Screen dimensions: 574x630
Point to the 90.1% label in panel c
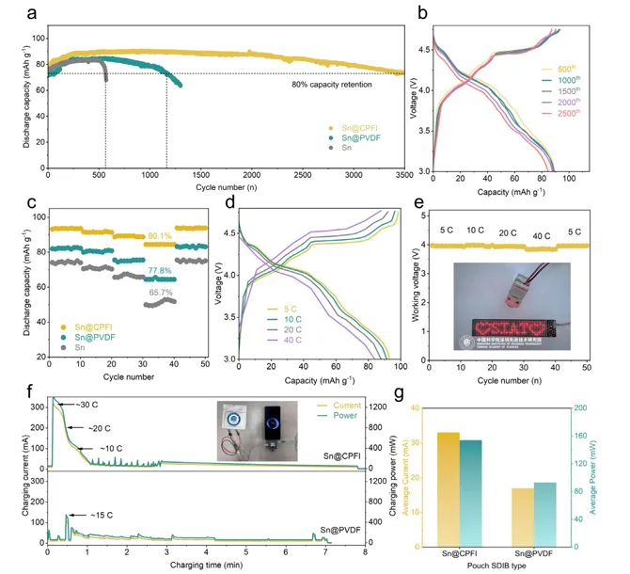pyautogui.click(x=158, y=236)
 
